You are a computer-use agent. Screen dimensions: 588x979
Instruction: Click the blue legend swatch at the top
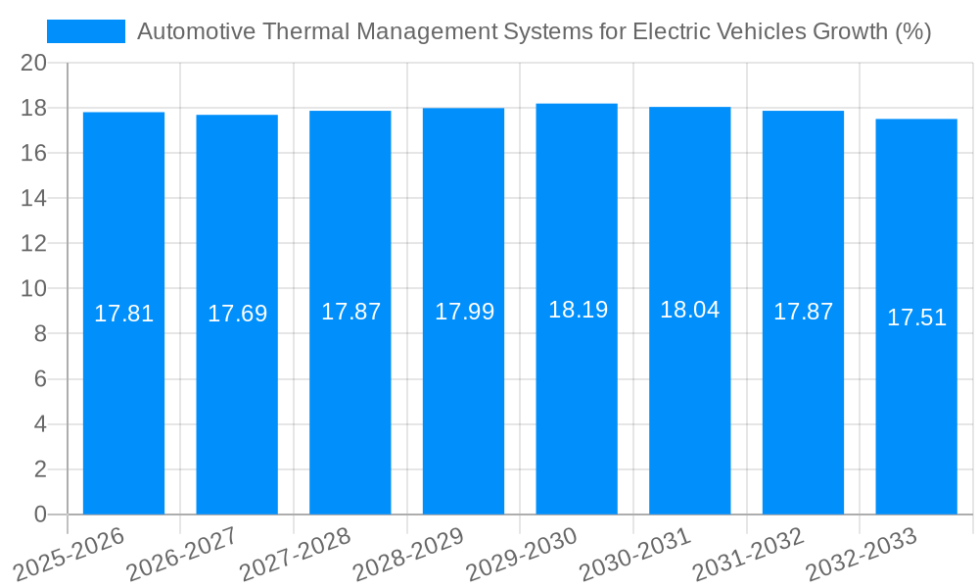click(86, 31)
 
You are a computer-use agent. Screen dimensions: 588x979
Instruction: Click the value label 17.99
click(464, 312)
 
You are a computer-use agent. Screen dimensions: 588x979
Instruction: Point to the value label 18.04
click(689, 310)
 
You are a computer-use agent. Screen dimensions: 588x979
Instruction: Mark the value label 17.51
click(916, 318)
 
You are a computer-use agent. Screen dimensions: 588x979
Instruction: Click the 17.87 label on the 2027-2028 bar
click(350, 312)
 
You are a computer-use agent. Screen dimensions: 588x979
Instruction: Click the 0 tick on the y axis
click(40, 514)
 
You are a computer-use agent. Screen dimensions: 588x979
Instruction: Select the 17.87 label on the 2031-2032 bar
click(803, 312)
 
